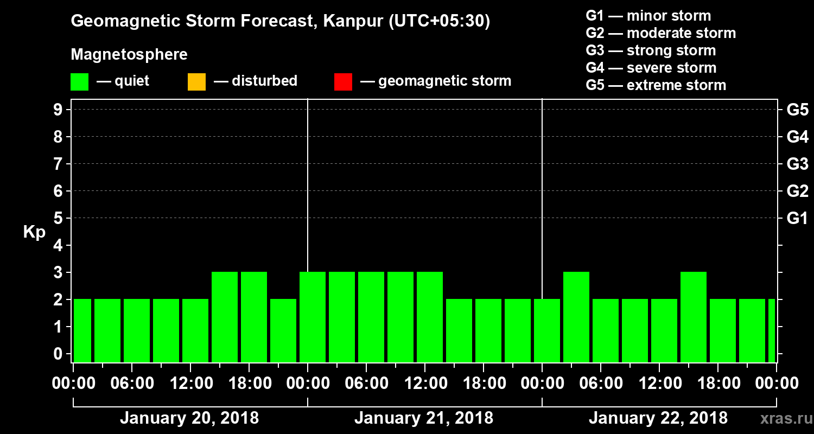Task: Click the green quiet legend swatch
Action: coord(79,82)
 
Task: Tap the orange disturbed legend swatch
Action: coord(196,82)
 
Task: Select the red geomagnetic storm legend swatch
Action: coord(343,82)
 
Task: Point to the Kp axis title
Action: coord(34,232)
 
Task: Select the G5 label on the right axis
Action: coord(797,110)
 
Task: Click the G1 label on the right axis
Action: coord(797,218)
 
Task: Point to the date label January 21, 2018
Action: coord(424,418)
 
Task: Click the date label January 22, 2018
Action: coord(658,418)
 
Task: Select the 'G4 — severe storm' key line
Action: coord(651,68)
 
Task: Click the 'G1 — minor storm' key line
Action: coord(648,16)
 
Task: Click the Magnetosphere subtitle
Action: coord(129,55)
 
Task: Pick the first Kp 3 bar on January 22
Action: coord(576,317)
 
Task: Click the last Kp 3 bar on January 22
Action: coord(694,317)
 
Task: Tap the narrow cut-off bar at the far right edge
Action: coord(772,330)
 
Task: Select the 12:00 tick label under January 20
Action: coord(190,383)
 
